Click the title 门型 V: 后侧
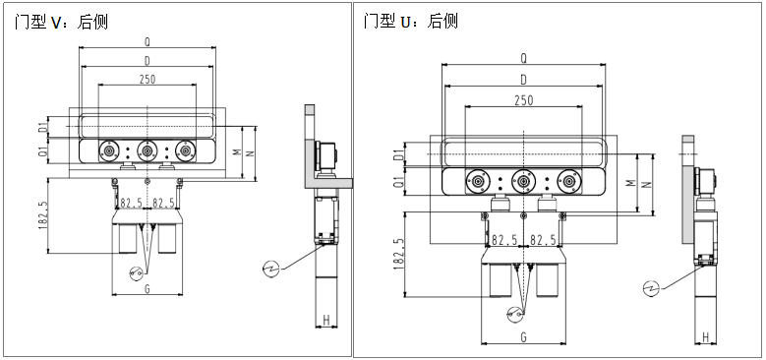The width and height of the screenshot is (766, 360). [61, 22]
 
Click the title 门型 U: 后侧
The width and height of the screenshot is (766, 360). [410, 21]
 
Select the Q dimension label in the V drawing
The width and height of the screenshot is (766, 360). [147, 42]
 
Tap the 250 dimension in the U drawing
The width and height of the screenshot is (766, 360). [524, 100]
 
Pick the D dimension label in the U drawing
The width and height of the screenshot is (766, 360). [524, 80]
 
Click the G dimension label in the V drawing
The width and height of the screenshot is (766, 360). [147, 289]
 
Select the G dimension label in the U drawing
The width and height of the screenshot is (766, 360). [524, 337]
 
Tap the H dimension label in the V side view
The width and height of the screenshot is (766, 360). [326, 321]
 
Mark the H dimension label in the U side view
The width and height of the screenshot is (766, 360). [705, 336]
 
